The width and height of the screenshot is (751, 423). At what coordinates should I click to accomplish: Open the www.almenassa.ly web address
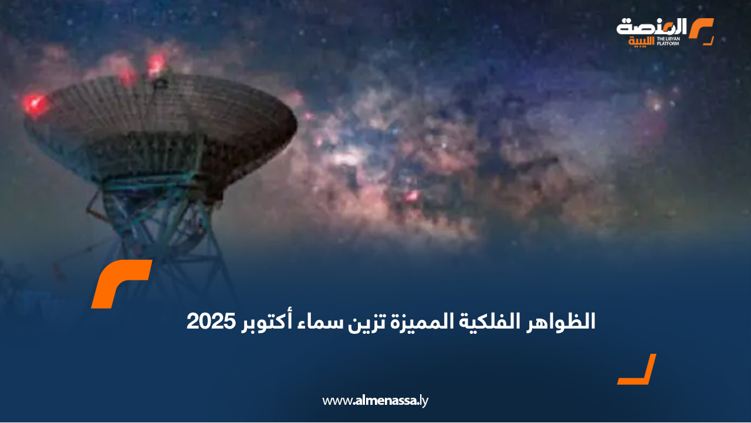point(375,401)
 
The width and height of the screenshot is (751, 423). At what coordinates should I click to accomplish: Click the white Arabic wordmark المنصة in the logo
point(651,28)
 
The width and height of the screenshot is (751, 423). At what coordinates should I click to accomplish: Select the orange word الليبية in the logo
point(641,42)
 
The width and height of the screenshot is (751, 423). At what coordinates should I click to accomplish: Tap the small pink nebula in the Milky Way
point(412,196)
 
